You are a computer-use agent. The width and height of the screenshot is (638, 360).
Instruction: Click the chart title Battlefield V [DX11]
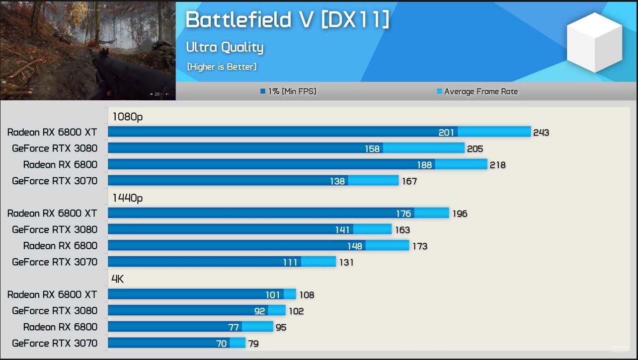(x=287, y=20)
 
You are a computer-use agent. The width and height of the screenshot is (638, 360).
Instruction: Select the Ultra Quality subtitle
(x=225, y=47)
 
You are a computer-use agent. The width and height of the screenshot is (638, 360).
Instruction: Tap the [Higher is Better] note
(x=222, y=67)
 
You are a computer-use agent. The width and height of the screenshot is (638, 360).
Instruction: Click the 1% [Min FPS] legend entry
(x=288, y=91)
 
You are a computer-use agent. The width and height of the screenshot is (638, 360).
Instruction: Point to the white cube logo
(x=594, y=42)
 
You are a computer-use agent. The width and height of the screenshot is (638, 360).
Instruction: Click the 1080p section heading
(x=127, y=117)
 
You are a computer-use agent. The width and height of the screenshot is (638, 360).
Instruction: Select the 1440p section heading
(x=127, y=198)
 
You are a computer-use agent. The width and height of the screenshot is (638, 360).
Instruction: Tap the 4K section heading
(x=118, y=279)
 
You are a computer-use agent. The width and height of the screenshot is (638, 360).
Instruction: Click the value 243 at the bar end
(x=541, y=133)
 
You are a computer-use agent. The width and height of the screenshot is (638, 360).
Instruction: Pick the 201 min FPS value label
(x=446, y=132)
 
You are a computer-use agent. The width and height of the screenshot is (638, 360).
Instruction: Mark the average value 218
(x=497, y=165)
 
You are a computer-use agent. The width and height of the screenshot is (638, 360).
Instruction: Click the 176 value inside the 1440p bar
(x=403, y=214)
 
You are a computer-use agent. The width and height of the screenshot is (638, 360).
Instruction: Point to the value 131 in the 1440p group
(x=346, y=262)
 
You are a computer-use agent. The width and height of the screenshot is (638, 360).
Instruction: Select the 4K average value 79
(x=253, y=344)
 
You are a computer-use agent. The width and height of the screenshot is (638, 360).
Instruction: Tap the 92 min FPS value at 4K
(x=260, y=311)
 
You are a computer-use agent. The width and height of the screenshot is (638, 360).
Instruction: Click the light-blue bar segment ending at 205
(x=423, y=148)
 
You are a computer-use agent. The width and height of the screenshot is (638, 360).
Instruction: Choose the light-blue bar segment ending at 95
(x=257, y=327)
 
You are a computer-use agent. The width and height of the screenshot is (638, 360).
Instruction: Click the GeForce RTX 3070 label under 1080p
(x=55, y=181)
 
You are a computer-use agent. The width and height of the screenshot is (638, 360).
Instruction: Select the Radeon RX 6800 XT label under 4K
(x=52, y=294)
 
